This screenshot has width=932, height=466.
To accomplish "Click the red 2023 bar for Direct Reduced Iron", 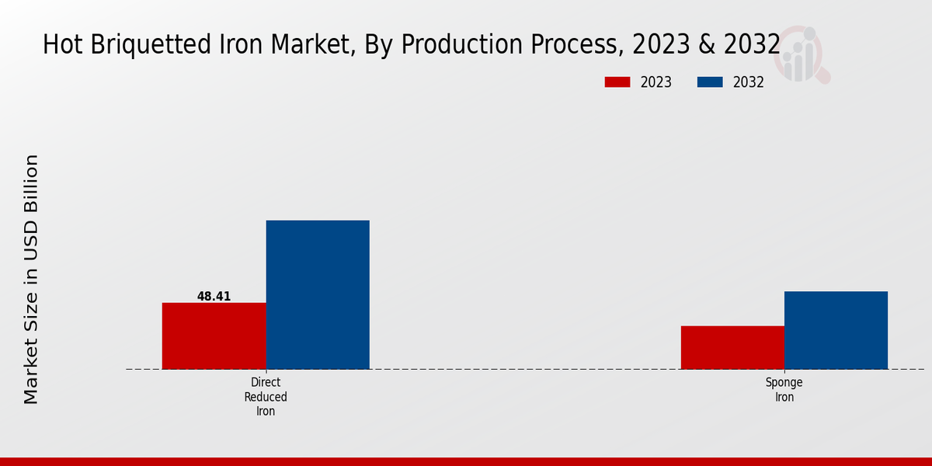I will coord(214,336).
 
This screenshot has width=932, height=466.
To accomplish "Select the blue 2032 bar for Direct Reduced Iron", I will coord(318,294).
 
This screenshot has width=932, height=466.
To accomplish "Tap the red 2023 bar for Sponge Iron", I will coord(732,347).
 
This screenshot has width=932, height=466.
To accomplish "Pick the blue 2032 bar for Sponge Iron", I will coord(836,330).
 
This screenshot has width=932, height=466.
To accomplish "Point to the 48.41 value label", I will coord(214,297).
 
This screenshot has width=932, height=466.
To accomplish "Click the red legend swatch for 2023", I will coord(618,82).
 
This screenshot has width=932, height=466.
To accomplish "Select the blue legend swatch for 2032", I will coord(711,82).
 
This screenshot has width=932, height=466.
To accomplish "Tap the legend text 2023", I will coord(656,82).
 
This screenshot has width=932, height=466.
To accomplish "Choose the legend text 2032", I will coord(749,82).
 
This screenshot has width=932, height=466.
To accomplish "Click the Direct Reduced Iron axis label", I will coord(266,397).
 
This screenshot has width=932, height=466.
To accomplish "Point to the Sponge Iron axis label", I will coord(784,390).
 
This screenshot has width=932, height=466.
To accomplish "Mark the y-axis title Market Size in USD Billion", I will coord(31,280).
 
